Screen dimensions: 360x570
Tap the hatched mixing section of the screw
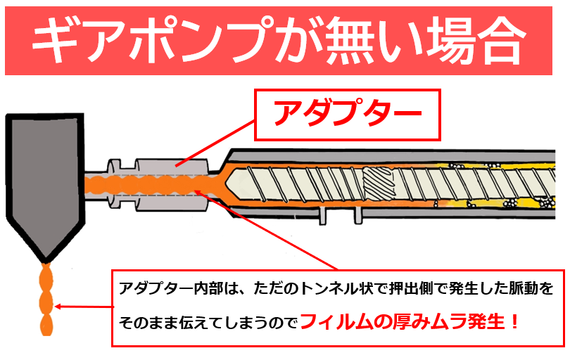380,186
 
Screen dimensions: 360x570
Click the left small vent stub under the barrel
323,215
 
